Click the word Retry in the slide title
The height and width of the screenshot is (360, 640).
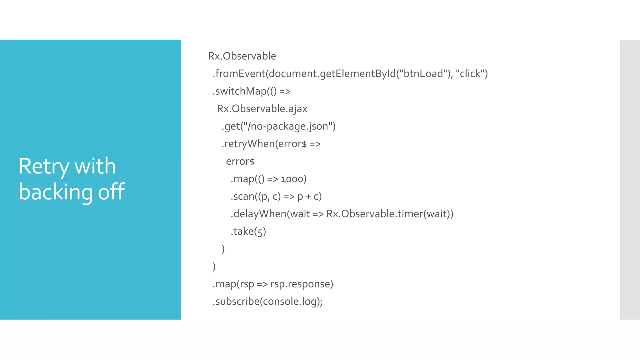[44, 166]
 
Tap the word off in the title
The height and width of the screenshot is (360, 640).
[111, 192]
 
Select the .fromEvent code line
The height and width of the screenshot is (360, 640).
[350, 74]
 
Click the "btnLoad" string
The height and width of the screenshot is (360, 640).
[424, 74]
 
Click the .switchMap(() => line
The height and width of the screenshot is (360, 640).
[252, 91]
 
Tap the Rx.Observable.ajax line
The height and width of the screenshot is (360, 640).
[262, 109]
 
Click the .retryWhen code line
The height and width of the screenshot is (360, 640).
[271, 144]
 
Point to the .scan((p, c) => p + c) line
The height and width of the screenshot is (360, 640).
[276, 197]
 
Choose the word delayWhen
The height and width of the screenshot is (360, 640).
[260, 214]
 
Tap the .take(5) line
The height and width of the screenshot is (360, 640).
[248, 232]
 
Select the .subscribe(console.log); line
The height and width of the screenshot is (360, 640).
[267, 302]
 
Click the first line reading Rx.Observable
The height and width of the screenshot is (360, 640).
[242, 56]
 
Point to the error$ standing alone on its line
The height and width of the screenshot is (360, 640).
[240, 162]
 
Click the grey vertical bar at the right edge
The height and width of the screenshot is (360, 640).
[630, 180]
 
